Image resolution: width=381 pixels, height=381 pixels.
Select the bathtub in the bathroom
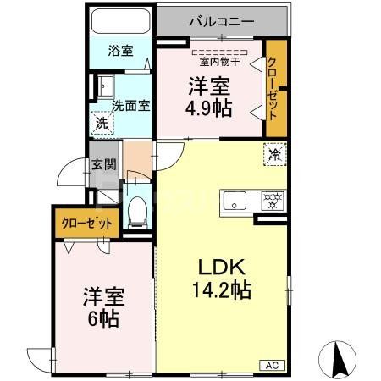[119, 22]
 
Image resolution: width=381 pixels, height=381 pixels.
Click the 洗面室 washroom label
[131, 106]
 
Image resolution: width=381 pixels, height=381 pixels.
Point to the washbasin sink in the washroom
[105, 86]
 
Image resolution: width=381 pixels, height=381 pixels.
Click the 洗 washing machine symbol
[101, 122]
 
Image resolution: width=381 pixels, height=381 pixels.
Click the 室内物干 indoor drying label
[218, 61]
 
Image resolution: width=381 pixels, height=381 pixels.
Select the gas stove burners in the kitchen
[272, 202]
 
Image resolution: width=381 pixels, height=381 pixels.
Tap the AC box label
[273, 366]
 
